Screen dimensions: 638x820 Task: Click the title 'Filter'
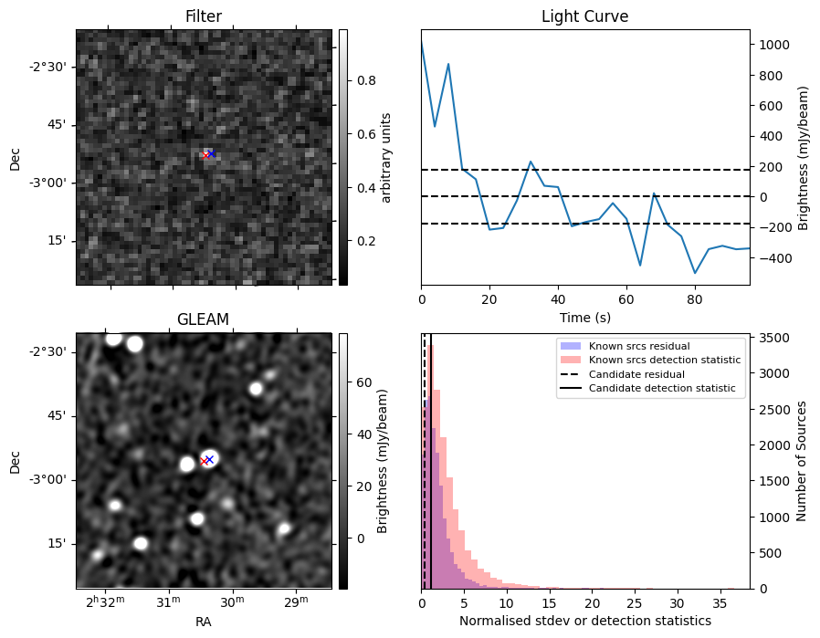[x=203, y=16]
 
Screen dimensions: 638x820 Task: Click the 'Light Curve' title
[x=584, y=16]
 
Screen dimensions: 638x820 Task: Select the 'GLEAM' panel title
[x=203, y=319]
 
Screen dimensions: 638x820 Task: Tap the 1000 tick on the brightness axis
[x=769, y=45]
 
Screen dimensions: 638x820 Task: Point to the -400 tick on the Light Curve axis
[x=769, y=258]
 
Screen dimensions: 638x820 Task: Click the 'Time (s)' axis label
[x=584, y=318]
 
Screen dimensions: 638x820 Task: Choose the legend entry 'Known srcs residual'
[x=639, y=347]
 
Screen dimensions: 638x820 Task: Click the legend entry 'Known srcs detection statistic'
[x=665, y=361]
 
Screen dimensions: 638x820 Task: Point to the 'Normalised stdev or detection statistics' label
[x=584, y=622]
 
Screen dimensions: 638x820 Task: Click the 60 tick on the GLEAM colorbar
[x=361, y=382]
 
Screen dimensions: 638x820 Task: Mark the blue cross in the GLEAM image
[x=209, y=459]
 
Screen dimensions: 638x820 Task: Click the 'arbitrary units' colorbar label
[x=386, y=157]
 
